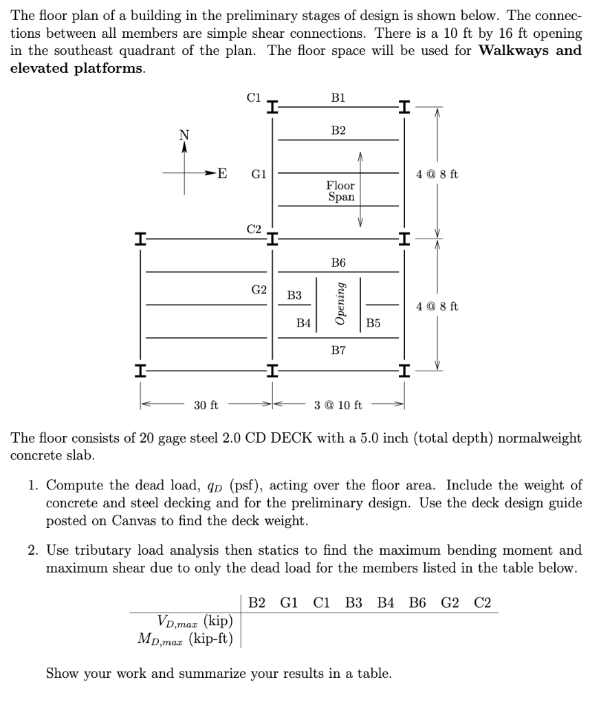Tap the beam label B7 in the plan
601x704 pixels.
338,351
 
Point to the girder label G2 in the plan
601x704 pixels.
259,289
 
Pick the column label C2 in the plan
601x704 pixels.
254,228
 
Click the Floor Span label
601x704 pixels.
340,191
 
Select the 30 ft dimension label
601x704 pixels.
206,405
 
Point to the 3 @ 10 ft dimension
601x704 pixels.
338,405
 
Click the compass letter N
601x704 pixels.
184,135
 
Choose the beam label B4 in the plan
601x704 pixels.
303,322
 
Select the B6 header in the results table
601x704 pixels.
417,603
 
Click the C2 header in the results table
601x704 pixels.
483,603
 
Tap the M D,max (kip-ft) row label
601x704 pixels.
186,639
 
